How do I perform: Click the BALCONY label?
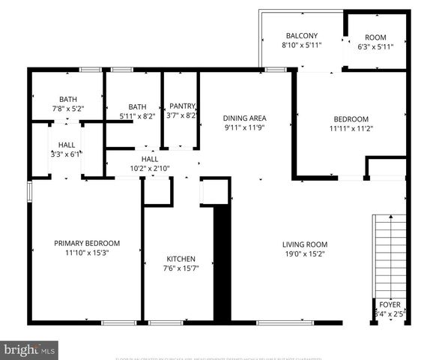302,35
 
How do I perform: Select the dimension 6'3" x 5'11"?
375,46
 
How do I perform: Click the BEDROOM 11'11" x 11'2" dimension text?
351,129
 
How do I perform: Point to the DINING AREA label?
245,118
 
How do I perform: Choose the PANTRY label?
182,106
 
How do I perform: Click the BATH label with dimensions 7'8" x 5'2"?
68,99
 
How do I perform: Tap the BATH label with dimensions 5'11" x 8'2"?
137,106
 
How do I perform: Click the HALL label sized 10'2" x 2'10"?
150,159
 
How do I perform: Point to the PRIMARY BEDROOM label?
87,243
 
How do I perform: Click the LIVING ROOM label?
305,244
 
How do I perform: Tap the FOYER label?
389,304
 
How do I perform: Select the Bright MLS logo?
30,349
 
